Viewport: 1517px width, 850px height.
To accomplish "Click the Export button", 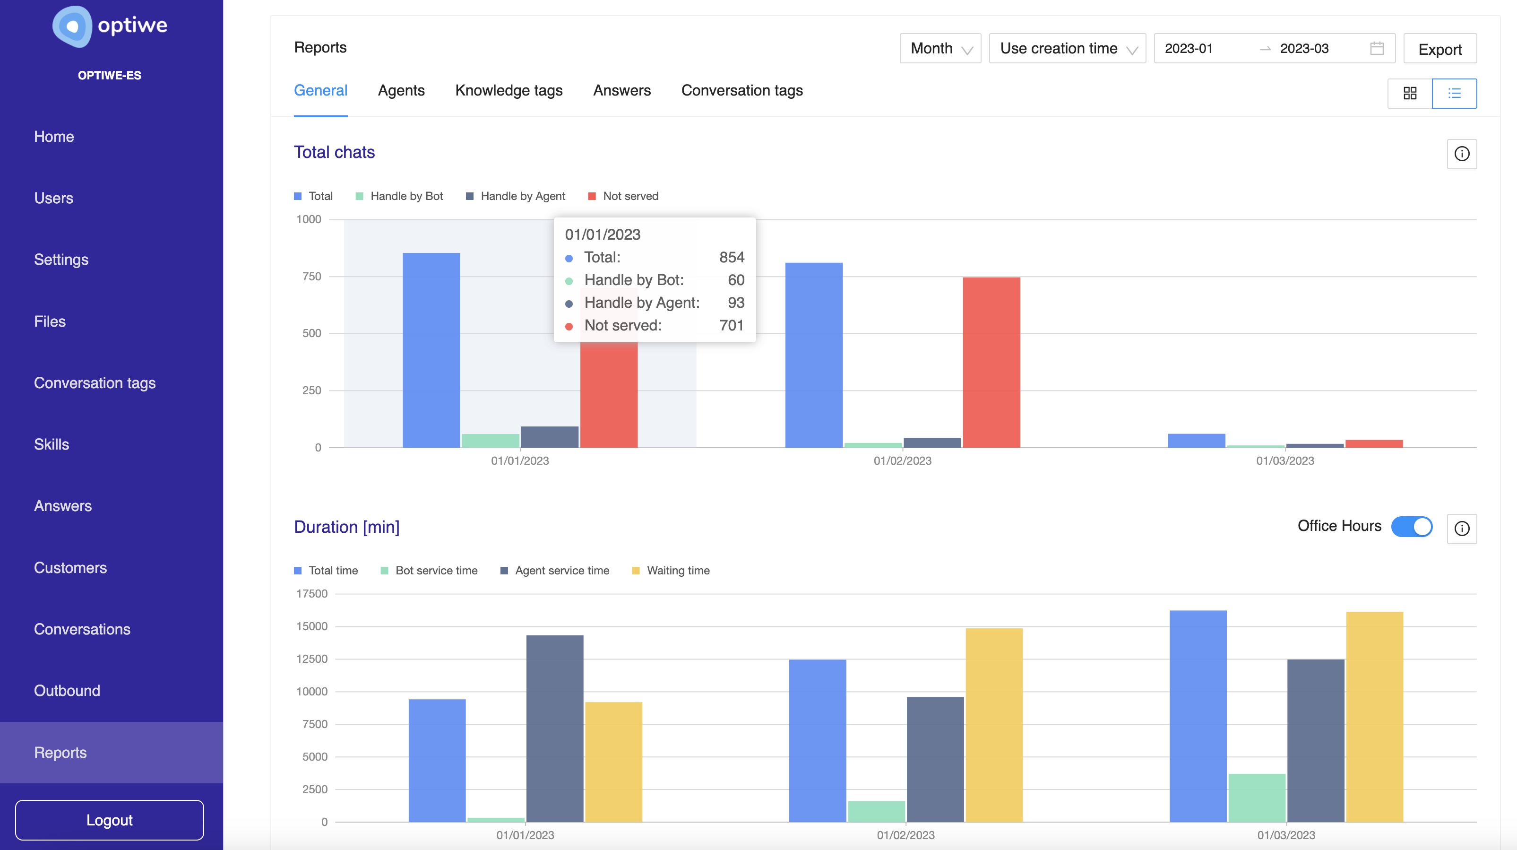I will point(1439,49).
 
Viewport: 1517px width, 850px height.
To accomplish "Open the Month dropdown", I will point(940,49).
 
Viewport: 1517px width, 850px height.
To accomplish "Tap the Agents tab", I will point(401,91).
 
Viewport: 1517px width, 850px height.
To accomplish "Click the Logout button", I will point(110,819).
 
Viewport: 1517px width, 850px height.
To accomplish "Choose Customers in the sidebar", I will point(70,567).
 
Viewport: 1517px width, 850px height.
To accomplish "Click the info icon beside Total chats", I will point(1461,154).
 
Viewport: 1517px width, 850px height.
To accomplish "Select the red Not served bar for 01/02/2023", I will point(991,362).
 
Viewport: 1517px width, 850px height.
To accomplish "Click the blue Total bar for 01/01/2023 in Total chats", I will point(431,350).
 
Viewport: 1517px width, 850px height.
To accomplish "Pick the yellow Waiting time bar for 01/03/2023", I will point(1374,716).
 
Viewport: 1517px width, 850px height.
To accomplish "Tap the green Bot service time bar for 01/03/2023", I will point(1256,798).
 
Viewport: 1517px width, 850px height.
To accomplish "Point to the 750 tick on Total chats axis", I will point(311,276).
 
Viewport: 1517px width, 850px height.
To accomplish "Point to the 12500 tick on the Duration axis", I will point(311,659).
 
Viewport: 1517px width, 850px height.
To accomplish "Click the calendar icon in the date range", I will point(1376,48).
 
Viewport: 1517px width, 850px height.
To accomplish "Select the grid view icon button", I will point(1409,93).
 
